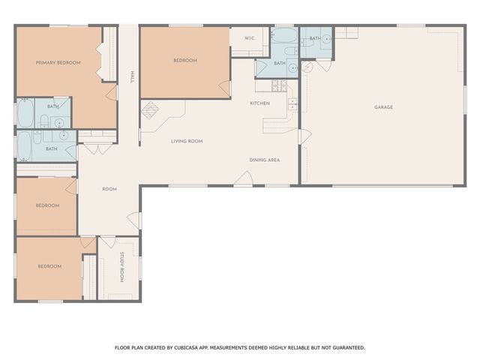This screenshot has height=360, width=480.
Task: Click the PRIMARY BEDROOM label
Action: pos(58,63)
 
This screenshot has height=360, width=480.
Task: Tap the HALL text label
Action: pos(133,77)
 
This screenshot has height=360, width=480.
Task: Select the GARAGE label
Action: pos(383,107)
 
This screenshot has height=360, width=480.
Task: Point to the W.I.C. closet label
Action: pos(250,38)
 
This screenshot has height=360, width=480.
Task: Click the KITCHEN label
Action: pos(259,103)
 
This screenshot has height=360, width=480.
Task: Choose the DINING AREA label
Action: pos(265,160)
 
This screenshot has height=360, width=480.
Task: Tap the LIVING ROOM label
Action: pos(187,141)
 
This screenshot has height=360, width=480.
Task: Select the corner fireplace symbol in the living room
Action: pos(151,110)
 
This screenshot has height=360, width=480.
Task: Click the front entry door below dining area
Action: pos(244,178)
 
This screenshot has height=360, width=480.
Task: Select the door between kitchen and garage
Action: pos(304,137)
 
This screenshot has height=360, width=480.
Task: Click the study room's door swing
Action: pos(107,242)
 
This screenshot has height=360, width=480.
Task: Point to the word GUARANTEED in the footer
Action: pos(346,348)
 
